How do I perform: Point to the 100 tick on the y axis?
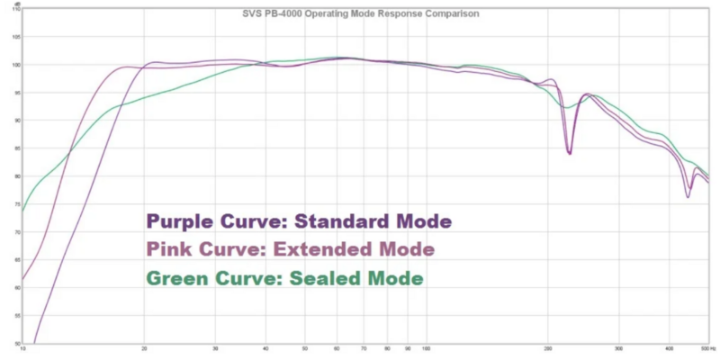[15, 65]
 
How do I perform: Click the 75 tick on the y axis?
[15, 204]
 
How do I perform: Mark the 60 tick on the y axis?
[15, 287]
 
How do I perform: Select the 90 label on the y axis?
[15, 121]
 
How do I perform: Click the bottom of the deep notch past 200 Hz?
[570, 154]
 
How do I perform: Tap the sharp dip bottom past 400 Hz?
[688, 196]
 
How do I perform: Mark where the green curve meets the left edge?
[22, 213]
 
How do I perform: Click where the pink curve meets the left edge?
[22, 280]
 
